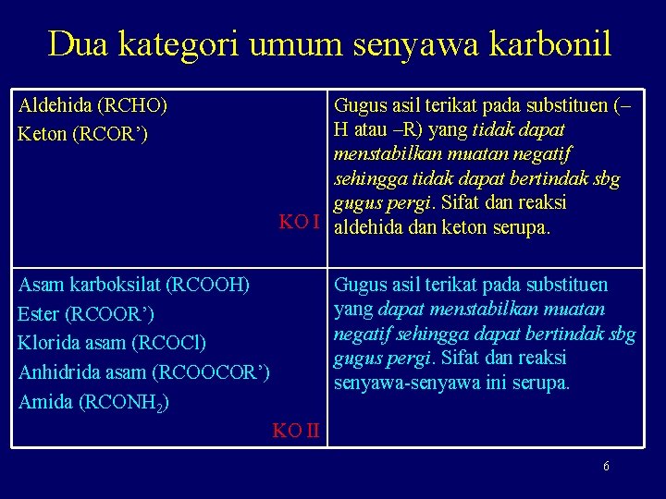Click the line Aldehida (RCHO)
point(92,105)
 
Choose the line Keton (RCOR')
point(80,134)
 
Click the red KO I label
point(300,222)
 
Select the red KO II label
point(296,430)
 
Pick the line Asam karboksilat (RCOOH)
point(134,284)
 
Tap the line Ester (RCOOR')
point(86,314)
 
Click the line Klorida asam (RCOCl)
point(112,344)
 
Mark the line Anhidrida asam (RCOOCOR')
point(144,373)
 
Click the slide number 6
point(606,467)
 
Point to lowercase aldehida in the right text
point(370,226)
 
